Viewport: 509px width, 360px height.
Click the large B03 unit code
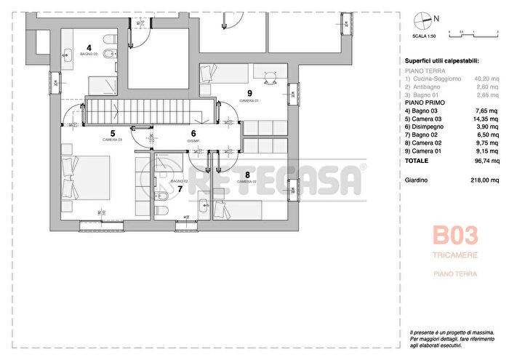[x=455, y=236]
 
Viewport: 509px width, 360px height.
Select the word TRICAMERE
[x=455, y=255]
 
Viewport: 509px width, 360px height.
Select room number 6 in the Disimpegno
[x=193, y=133]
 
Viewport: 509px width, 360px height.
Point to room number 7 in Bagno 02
[x=180, y=188]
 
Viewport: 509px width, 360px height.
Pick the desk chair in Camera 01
[x=270, y=80]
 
